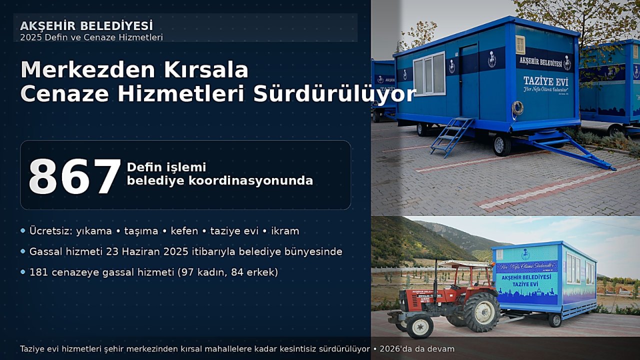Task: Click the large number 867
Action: [75, 176]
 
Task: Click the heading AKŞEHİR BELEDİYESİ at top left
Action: [86, 26]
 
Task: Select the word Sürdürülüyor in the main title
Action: [334, 94]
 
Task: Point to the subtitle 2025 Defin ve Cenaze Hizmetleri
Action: [91, 37]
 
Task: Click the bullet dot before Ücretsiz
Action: [23, 231]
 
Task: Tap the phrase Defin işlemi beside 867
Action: [166, 167]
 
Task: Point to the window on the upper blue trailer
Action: [429, 73]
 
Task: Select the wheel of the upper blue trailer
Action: [501, 144]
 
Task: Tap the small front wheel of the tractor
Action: [419, 326]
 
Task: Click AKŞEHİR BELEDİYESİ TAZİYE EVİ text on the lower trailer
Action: [526, 279]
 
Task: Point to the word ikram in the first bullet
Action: [284, 231]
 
